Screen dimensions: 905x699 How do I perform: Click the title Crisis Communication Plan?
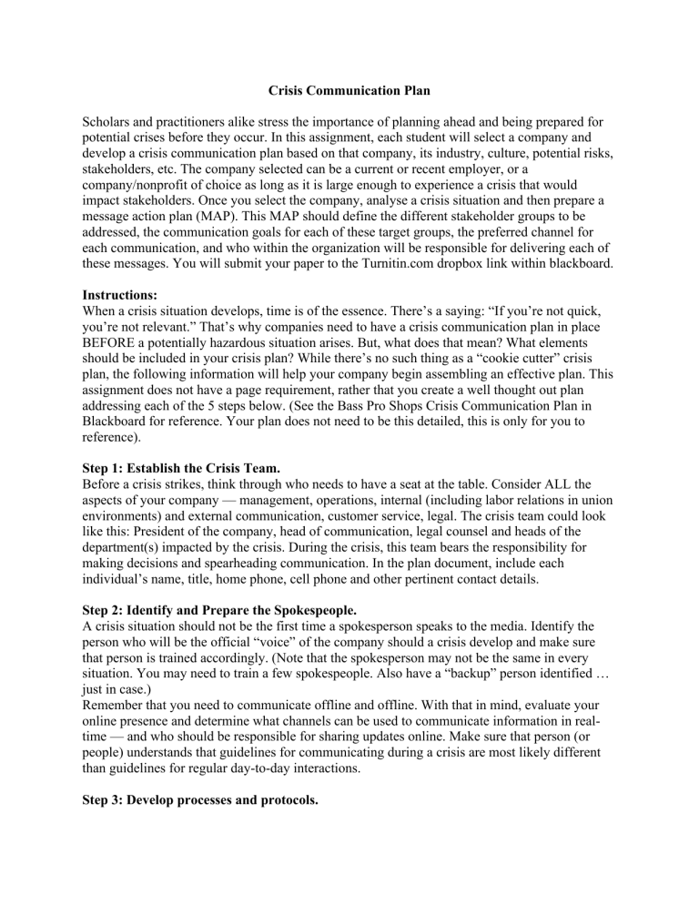coord(349,117)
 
